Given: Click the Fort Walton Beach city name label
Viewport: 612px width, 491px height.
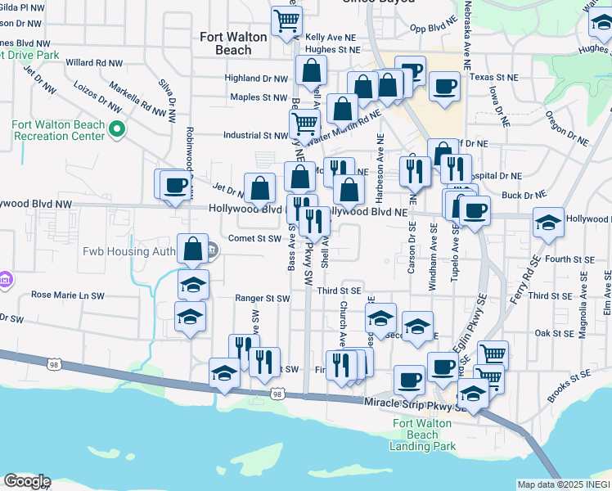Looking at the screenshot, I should tap(226, 43).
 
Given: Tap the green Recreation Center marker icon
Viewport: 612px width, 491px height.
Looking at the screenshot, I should tap(117, 129).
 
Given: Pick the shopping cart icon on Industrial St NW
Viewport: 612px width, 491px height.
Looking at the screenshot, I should tap(304, 124).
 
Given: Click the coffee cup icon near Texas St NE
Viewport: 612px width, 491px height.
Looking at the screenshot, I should tap(444, 86).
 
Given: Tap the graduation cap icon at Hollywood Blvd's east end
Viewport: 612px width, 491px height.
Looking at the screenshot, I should tap(548, 221).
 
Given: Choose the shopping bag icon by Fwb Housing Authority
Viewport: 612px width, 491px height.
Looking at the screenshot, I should tap(192, 249).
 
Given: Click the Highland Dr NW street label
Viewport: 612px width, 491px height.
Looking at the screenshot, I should tap(258, 79).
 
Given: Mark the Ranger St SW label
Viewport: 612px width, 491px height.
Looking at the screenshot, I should tap(263, 300).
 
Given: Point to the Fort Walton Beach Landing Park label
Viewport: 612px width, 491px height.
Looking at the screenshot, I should tap(423, 435).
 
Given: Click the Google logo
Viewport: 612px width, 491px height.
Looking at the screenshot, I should tap(27, 481).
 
